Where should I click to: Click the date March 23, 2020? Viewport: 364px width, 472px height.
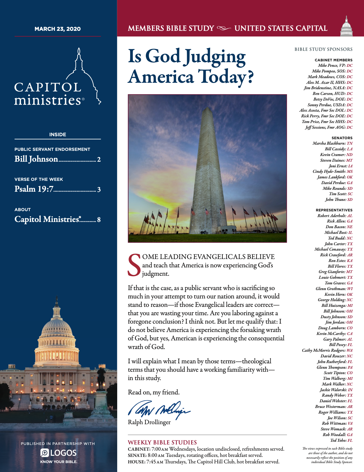click(58, 29)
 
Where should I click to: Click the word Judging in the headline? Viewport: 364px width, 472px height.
click(215, 57)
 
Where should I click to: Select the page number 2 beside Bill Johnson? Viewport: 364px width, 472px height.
click(99, 159)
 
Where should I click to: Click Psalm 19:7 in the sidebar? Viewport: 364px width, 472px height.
click(34, 189)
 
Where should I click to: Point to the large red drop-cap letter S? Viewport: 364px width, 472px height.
click(134, 265)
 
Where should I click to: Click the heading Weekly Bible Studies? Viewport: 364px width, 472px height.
click(162, 442)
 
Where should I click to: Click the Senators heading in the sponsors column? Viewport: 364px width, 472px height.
click(342, 138)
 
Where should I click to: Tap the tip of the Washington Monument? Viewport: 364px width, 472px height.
click(207, 108)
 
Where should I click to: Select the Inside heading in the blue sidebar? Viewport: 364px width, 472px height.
click(58, 134)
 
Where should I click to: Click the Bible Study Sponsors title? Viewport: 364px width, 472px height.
click(323, 49)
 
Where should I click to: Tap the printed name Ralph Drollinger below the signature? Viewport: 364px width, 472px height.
click(149, 422)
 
